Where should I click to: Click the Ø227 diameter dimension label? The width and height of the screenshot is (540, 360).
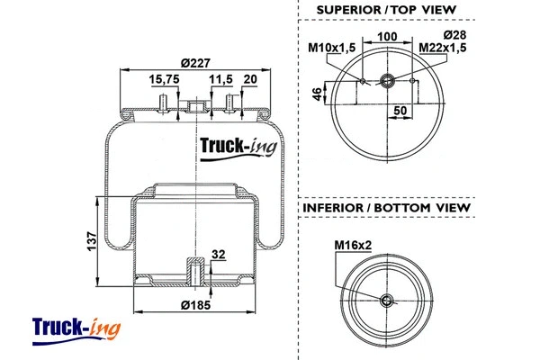point(195,62)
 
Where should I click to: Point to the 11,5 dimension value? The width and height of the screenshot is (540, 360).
point(220,79)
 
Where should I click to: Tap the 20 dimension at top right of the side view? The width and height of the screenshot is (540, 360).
point(250,79)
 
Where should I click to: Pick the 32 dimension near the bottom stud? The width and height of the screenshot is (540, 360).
point(218,255)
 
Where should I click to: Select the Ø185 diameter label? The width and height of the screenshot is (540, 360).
point(195,306)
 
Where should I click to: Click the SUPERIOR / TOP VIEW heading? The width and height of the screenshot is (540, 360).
point(386,10)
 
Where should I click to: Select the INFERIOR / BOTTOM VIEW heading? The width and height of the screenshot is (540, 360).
point(386,208)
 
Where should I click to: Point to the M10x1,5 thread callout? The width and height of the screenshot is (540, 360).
point(331,47)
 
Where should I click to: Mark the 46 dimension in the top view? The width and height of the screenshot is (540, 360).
point(317,95)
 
